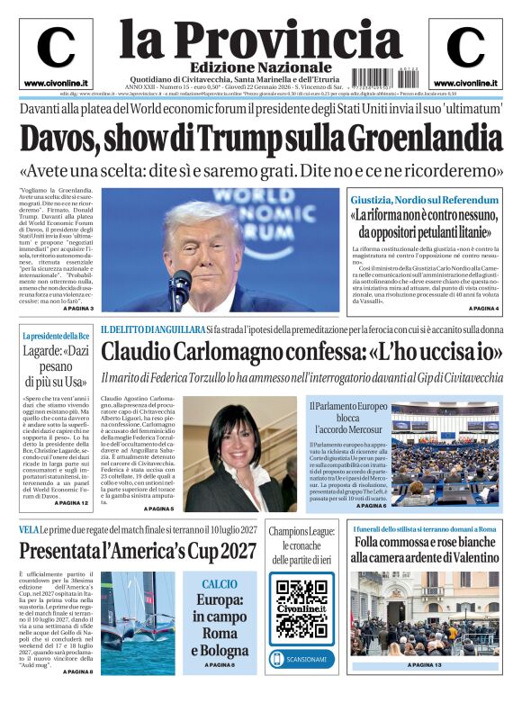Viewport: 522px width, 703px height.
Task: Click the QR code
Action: (x=301, y=607)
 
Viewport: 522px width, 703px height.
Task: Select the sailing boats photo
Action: (x=138, y=621)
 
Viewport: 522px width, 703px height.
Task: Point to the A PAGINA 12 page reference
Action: (x=72, y=502)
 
